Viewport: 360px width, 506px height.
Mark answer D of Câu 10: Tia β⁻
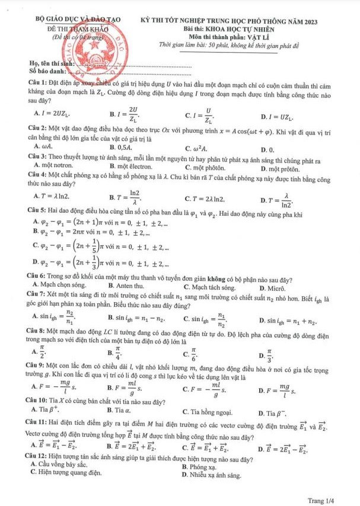275,411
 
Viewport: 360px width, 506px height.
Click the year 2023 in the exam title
309,21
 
